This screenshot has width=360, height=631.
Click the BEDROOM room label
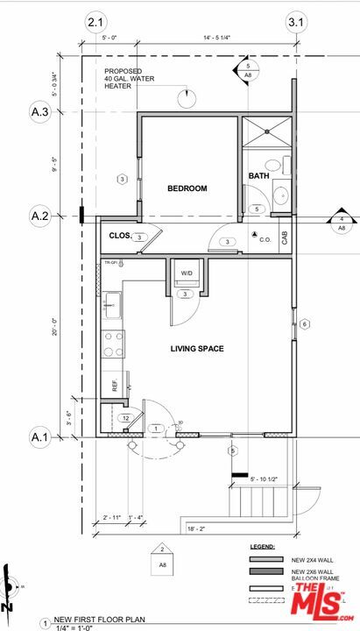click(x=187, y=188)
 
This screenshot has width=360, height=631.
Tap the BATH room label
click(x=258, y=176)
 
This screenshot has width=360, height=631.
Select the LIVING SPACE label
click(x=196, y=349)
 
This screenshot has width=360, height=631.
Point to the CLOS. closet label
click(x=120, y=236)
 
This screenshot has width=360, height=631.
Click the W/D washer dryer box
click(x=187, y=274)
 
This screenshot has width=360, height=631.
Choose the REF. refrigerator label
click(x=115, y=385)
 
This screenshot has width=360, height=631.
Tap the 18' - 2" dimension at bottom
click(x=196, y=528)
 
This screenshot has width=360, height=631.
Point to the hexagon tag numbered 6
click(x=305, y=324)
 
